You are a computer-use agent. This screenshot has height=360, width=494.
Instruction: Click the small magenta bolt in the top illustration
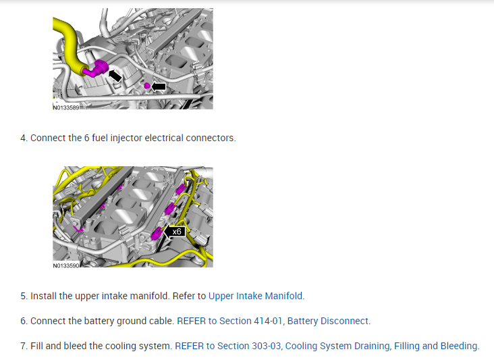146,86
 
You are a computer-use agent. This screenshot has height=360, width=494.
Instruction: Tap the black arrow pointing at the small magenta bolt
159,86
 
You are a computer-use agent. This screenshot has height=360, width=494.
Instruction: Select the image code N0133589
66,107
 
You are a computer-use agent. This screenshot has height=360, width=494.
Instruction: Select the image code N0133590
66,265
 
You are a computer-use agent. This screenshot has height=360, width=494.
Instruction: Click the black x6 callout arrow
174,232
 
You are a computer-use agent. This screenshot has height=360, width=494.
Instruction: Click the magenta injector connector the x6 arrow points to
157,234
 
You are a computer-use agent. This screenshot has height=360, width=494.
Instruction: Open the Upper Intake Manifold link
256,296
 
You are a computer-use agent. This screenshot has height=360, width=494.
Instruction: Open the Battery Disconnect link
329,321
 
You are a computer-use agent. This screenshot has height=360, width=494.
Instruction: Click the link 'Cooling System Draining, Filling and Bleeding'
383,346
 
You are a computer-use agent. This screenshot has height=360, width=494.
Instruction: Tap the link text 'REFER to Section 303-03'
228,346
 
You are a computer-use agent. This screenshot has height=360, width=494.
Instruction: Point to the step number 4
24,138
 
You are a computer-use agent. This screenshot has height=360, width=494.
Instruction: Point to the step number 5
24,296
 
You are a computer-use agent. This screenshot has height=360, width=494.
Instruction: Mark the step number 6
24,321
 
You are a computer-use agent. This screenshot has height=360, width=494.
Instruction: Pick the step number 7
24,346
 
